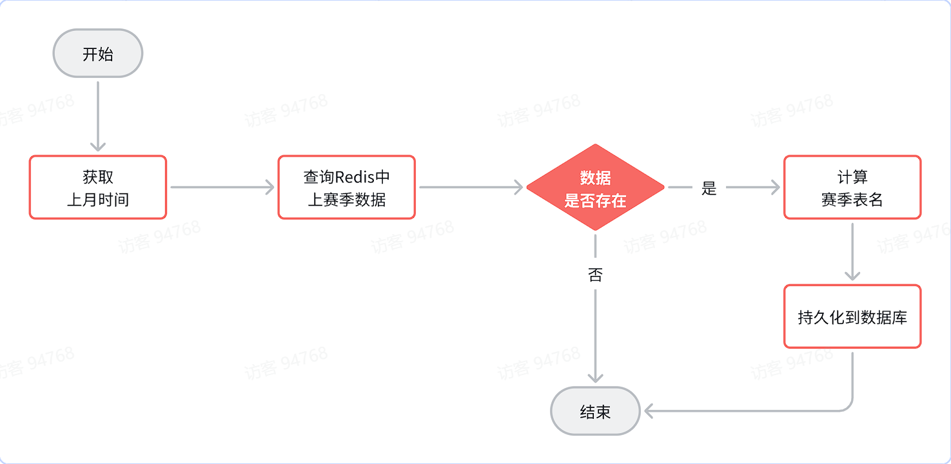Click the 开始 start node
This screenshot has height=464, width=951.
(97, 53)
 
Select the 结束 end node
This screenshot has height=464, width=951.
(595, 411)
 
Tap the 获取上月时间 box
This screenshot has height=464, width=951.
(98, 187)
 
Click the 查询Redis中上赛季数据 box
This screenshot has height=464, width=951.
(346, 187)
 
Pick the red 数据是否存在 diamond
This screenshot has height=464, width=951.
(595, 188)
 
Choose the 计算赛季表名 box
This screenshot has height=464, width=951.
(852, 187)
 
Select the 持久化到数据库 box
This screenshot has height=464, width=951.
(852, 316)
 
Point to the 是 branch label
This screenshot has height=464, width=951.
(709, 188)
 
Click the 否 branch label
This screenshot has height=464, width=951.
(595, 275)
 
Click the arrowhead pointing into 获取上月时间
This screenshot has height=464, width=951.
(98, 146)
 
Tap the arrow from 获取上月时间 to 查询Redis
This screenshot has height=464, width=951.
(222, 188)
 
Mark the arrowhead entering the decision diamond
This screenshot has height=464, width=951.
(517, 188)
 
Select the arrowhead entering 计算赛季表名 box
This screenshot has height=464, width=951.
(774, 188)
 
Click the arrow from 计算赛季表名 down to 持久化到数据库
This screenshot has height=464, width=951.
(852, 251)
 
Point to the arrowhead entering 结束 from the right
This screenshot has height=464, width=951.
(650, 411)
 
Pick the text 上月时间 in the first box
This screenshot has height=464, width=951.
(98, 200)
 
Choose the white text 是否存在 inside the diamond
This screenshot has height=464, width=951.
(595, 201)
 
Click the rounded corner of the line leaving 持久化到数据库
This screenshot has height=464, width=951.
(847, 407)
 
